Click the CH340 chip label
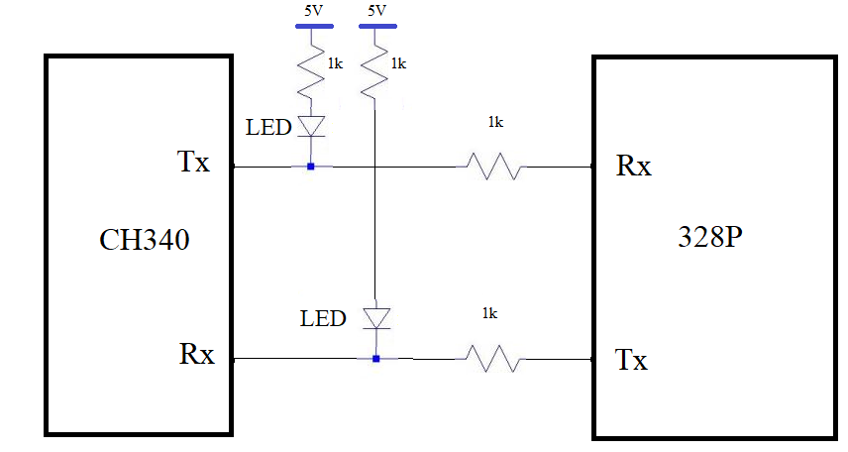[x=145, y=240]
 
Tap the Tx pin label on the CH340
[x=193, y=162]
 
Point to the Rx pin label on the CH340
[x=197, y=353]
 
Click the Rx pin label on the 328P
[x=634, y=165]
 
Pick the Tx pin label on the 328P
[x=631, y=359]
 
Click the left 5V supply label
[x=313, y=11]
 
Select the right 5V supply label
[x=376, y=11]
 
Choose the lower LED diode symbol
[x=375, y=317]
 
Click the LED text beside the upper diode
[x=269, y=127]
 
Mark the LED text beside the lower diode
[x=324, y=318]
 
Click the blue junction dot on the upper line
[x=311, y=167]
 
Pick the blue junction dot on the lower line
[x=375, y=358]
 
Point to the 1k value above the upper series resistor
[x=495, y=122]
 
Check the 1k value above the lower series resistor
[x=488, y=313]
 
